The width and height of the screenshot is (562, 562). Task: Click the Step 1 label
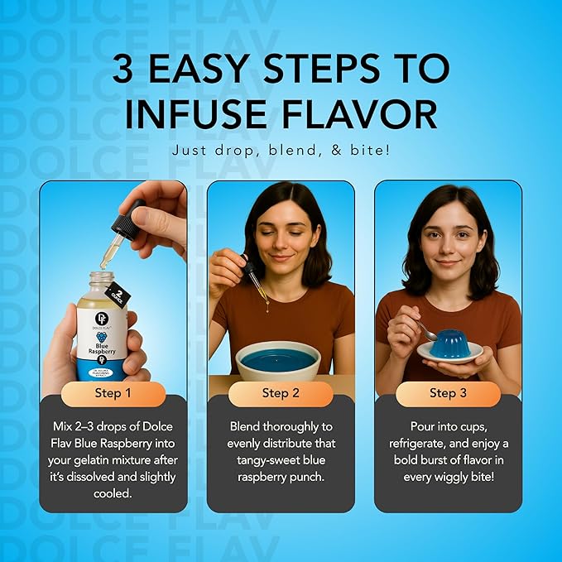pyautogui.click(x=113, y=393)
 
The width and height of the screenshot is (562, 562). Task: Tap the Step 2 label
pyautogui.click(x=281, y=393)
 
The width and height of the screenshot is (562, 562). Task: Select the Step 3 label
pyautogui.click(x=448, y=393)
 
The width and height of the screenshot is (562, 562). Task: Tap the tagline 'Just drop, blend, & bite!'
pyautogui.click(x=281, y=151)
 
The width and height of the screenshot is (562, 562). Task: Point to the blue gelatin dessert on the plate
pyautogui.click(x=449, y=343)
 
